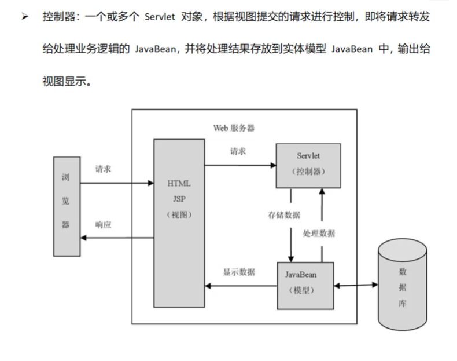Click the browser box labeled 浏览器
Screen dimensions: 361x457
click(x=66, y=206)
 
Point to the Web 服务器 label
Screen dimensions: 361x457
click(x=234, y=127)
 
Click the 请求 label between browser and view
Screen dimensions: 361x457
click(x=104, y=170)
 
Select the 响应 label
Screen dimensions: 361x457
click(x=104, y=225)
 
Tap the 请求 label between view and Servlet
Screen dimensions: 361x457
click(x=238, y=151)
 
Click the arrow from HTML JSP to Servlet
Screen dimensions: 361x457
click(x=240, y=165)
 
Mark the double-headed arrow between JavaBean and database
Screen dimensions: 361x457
click(x=356, y=285)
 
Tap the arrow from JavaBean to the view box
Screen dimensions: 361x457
click(x=241, y=285)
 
